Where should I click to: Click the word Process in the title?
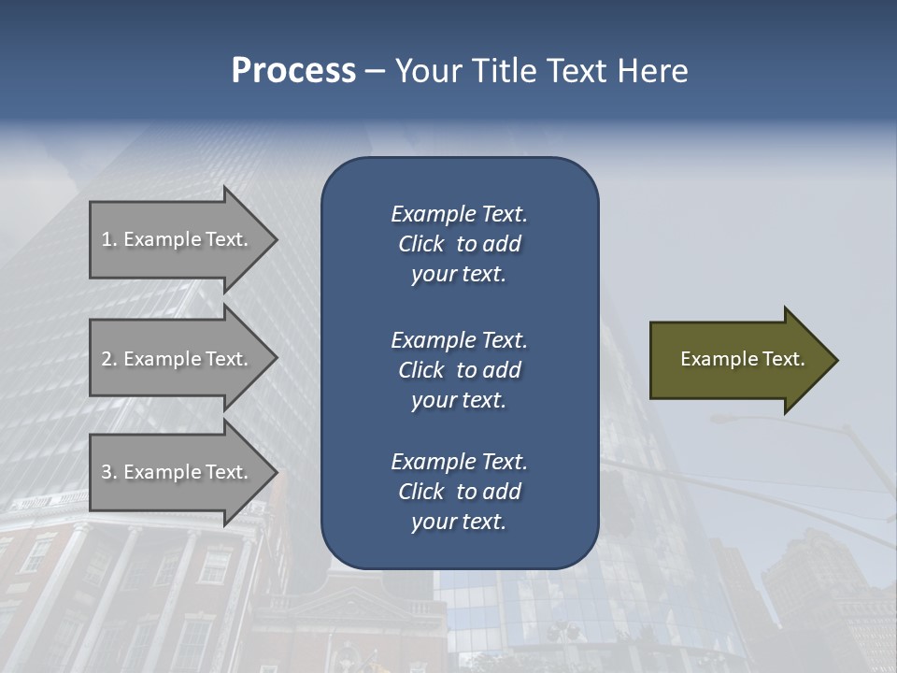(x=293, y=70)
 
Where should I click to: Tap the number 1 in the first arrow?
(x=107, y=239)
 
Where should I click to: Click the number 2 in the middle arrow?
(x=107, y=359)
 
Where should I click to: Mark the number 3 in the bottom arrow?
(x=107, y=472)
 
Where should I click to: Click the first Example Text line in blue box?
(x=459, y=214)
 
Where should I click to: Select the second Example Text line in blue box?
(x=459, y=340)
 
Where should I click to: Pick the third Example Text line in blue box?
(x=459, y=462)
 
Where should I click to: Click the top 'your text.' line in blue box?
(x=459, y=275)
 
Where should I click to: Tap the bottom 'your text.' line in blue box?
(x=459, y=523)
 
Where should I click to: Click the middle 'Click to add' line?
(x=459, y=370)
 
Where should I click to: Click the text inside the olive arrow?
(x=742, y=359)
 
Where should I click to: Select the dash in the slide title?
(x=375, y=72)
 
